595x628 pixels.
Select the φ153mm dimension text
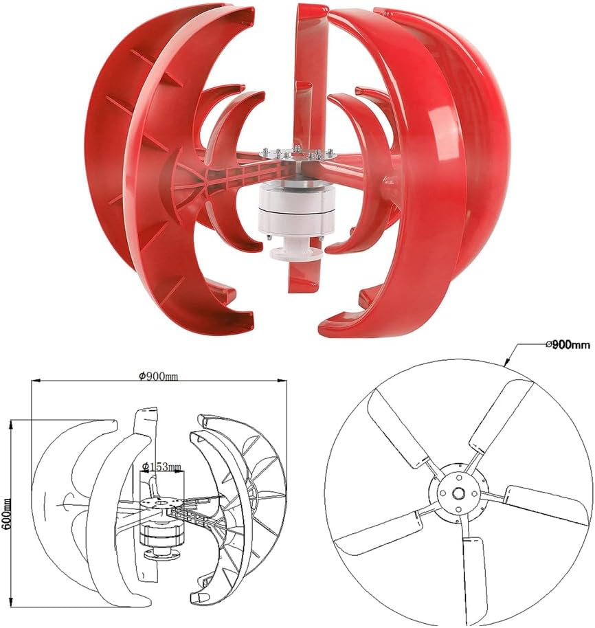(x=161, y=467)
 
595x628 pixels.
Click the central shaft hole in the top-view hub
(x=457, y=493)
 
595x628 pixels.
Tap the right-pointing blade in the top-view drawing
(x=546, y=504)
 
